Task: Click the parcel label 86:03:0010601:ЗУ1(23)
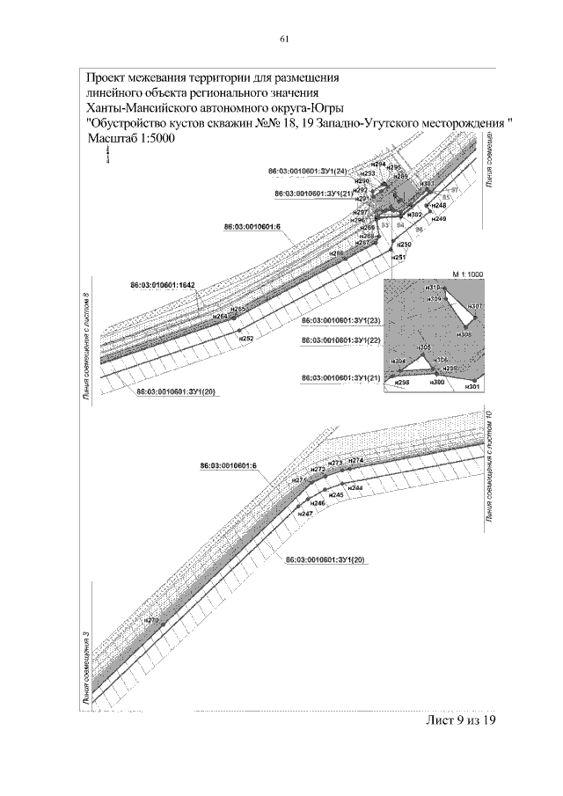pyautogui.click(x=340, y=321)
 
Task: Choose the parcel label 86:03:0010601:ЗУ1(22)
pyautogui.click(x=340, y=340)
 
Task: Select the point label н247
pyautogui.click(x=305, y=513)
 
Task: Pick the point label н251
pyautogui.click(x=399, y=257)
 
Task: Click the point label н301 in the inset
pyautogui.click(x=472, y=387)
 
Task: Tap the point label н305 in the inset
pyautogui.click(x=424, y=348)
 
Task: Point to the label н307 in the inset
pyautogui.click(x=475, y=306)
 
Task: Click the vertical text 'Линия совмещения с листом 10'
pyautogui.click(x=489, y=469)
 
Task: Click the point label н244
pyautogui.click(x=355, y=487)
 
